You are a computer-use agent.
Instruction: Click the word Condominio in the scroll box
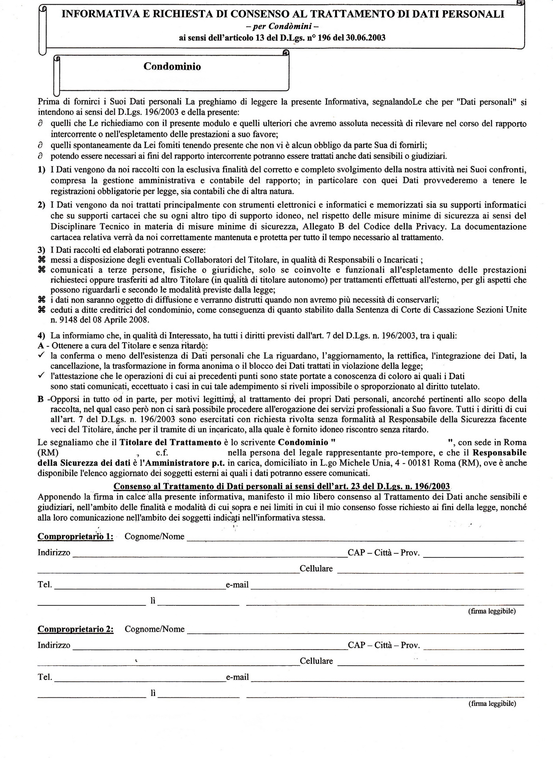[172, 66]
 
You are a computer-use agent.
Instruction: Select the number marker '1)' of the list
[41, 170]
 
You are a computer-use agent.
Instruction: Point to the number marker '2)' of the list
[41, 205]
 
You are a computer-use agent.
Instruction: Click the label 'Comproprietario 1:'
[75, 536]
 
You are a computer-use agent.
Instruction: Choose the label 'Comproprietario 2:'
[75, 629]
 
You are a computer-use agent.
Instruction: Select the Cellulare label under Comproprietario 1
[316, 569]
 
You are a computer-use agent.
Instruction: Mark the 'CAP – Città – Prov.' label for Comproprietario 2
[384, 646]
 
